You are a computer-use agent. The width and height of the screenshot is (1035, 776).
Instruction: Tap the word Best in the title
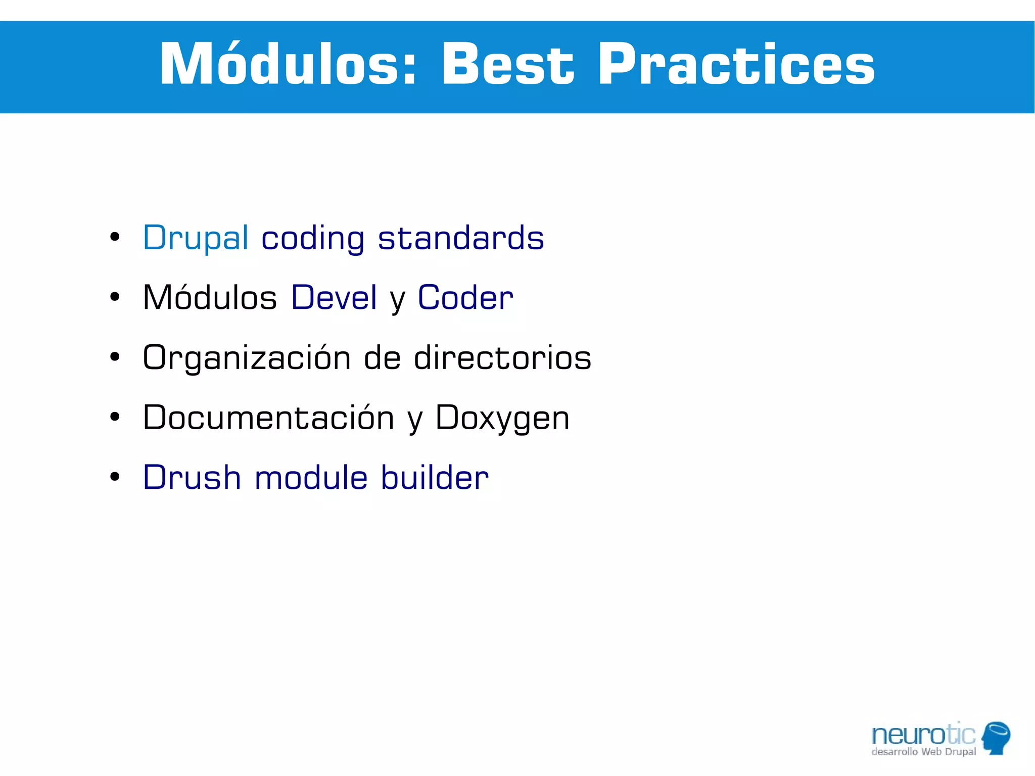(x=507, y=65)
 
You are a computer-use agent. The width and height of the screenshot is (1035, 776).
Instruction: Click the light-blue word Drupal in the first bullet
(x=196, y=238)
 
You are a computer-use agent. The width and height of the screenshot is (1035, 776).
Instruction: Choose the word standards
(x=461, y=238)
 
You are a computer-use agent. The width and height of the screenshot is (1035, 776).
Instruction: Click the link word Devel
(x=334, y=297)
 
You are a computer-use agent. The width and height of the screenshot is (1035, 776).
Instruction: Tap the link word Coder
(x=465, y=297)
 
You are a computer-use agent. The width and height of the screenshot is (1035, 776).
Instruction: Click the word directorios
(x=502, y=357)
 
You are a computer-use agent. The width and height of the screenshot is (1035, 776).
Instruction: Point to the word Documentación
(x=268, y=418)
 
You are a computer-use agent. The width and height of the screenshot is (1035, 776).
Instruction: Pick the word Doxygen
(x=502, y=419)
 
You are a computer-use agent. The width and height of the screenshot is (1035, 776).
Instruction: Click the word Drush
(x=192, y=477)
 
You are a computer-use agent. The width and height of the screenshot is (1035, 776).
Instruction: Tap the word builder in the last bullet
(x=435, y=477)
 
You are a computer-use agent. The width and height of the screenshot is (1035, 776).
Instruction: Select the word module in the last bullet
(x=311, y=477)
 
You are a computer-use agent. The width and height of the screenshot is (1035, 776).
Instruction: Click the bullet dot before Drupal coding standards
(x=115, y=237)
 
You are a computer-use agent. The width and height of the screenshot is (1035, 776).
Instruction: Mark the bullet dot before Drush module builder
(x=115, y=476)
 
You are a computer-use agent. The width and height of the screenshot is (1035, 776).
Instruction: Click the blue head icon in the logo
(x=996, y=737)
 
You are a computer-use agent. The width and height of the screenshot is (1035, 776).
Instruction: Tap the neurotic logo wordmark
(x=923, y=735)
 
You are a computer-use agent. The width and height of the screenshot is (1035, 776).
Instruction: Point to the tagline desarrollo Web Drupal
(x=923, y=752)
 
